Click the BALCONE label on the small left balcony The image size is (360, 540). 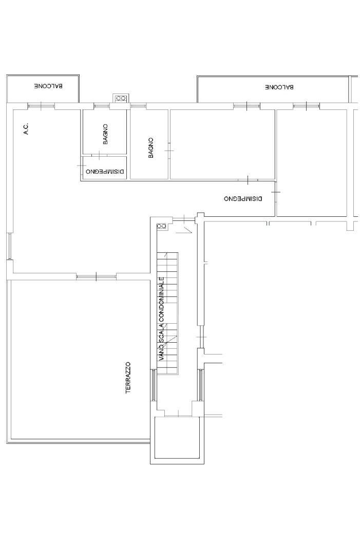(48, 86)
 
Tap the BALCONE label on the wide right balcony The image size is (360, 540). (279, 87)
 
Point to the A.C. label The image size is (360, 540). (27, 128)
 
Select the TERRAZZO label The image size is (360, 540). (128, 378)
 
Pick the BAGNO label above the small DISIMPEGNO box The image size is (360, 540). (105, 134)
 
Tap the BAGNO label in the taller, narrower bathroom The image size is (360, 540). (151, 148)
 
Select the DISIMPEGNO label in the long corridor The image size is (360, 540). (243, 199)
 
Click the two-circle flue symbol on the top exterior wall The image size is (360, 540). (121, 98)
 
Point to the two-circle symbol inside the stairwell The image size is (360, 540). (161, 226)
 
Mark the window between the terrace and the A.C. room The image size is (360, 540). (97, 276)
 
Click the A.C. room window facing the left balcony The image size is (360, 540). (41, 106)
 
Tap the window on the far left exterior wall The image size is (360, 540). (10, 246)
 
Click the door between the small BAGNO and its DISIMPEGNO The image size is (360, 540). (99, 155)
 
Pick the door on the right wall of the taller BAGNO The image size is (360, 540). (169, 151)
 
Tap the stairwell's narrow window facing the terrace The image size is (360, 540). (153, 385)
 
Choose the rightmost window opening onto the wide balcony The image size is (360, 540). (306, 106)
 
